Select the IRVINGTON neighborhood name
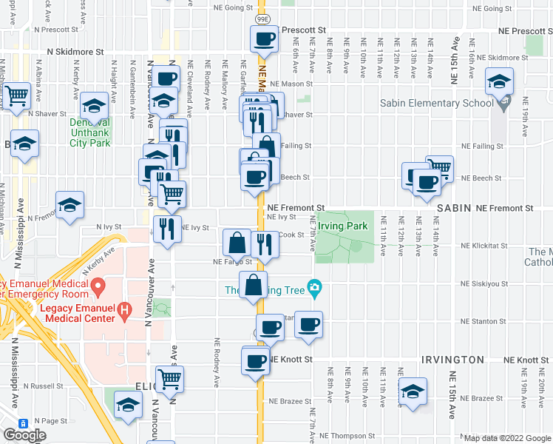point(452,359)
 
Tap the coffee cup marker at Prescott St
point(264,39)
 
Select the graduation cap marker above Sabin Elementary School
point(500,81)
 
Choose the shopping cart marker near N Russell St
point(170,379)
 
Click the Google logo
point(24,435)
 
